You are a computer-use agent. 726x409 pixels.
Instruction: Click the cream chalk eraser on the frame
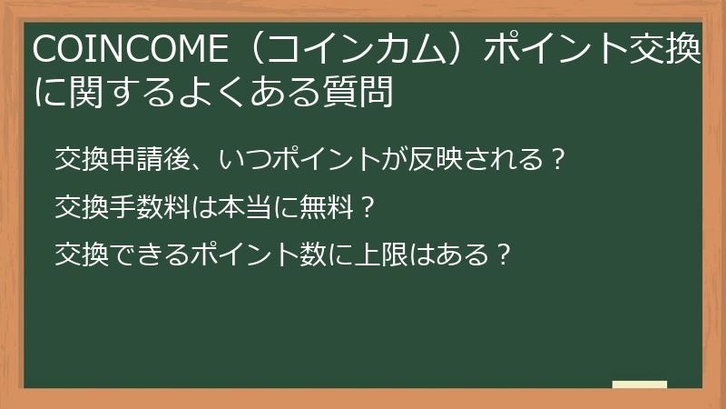(640, 384)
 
